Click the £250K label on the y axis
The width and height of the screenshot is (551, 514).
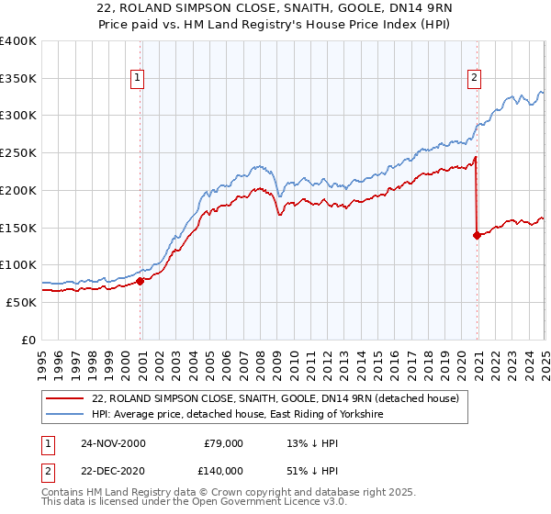(18, 152)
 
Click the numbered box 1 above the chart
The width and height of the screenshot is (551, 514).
(137, 79)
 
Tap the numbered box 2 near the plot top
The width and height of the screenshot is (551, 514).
(475, 79)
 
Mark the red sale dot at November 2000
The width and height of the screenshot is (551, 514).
(141, 281)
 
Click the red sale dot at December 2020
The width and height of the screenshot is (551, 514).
(477, 235)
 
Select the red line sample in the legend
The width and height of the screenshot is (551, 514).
(65, 397)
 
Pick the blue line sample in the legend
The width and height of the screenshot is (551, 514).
(65, 415)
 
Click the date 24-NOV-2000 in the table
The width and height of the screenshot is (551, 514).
(113, 443)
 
